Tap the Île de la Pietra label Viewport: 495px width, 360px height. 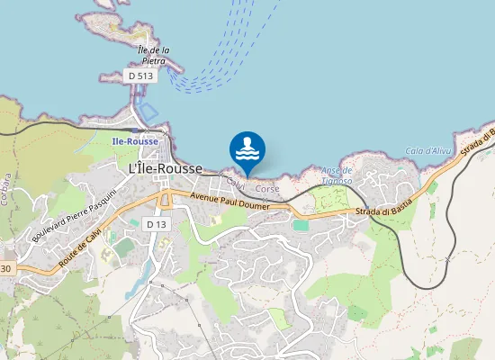pyautogui.click(x=155, y=55)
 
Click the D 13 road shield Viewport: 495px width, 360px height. pyautogui.click(x=156, y=224)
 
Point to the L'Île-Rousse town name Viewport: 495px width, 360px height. pyautogui.click(x=166, y=168)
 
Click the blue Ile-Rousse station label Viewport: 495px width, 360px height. pyautogui.click(x=135, y=142)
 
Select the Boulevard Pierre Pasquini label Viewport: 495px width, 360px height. pyautogui.click(x=75, y=215)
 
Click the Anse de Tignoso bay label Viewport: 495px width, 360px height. pyautogui.click(x=336, y=175)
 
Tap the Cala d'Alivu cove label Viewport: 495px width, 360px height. pyautogui.click(x=427, y=150)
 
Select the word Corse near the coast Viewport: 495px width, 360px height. pyautogui.click(x=267, y=189)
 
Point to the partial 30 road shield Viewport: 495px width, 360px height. pyautogui.click(x=6, y=268)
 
